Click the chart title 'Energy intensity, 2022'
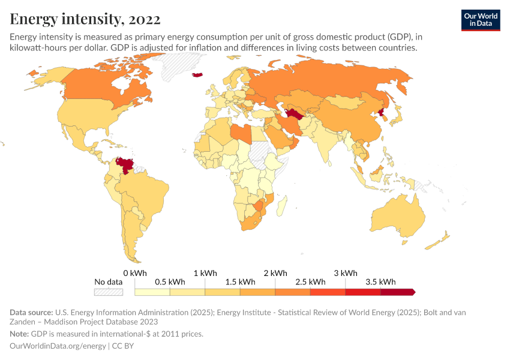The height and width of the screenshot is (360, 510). click(x=85, y=19)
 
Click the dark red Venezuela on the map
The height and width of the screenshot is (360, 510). click(x=125, y=164)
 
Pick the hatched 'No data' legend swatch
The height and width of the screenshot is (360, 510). click(x=108, y=292)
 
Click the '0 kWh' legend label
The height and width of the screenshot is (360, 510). click(x=135, y=273)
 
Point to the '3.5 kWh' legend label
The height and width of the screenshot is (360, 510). click(x=380, y=282)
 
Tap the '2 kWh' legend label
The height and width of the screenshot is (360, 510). click(x=275, y=273)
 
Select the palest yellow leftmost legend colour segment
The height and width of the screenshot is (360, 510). click(x=152, y=292)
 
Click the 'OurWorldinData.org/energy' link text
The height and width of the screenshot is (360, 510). click(x=58, y=346)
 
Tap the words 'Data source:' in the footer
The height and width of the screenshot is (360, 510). click(x=31, y=313)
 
